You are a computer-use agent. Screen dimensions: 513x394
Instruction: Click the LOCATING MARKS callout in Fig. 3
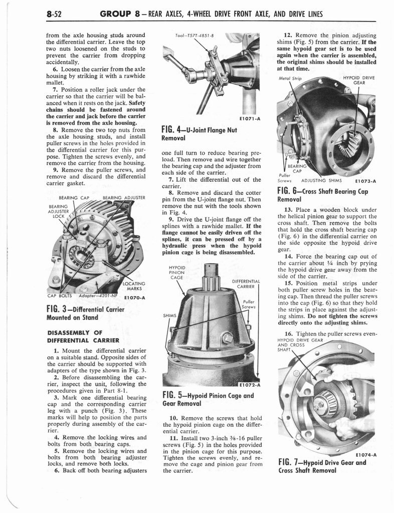pyautogui.click(x=134, y=286)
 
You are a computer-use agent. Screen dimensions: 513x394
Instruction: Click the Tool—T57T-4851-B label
pyautogui.click(x=187, y=36)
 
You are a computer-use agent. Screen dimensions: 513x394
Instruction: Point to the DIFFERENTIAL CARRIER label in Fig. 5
pyautogui.click(x=246, y=284)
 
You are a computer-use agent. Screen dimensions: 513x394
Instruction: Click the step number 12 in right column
pyautogui.click(x=287, y=36)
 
